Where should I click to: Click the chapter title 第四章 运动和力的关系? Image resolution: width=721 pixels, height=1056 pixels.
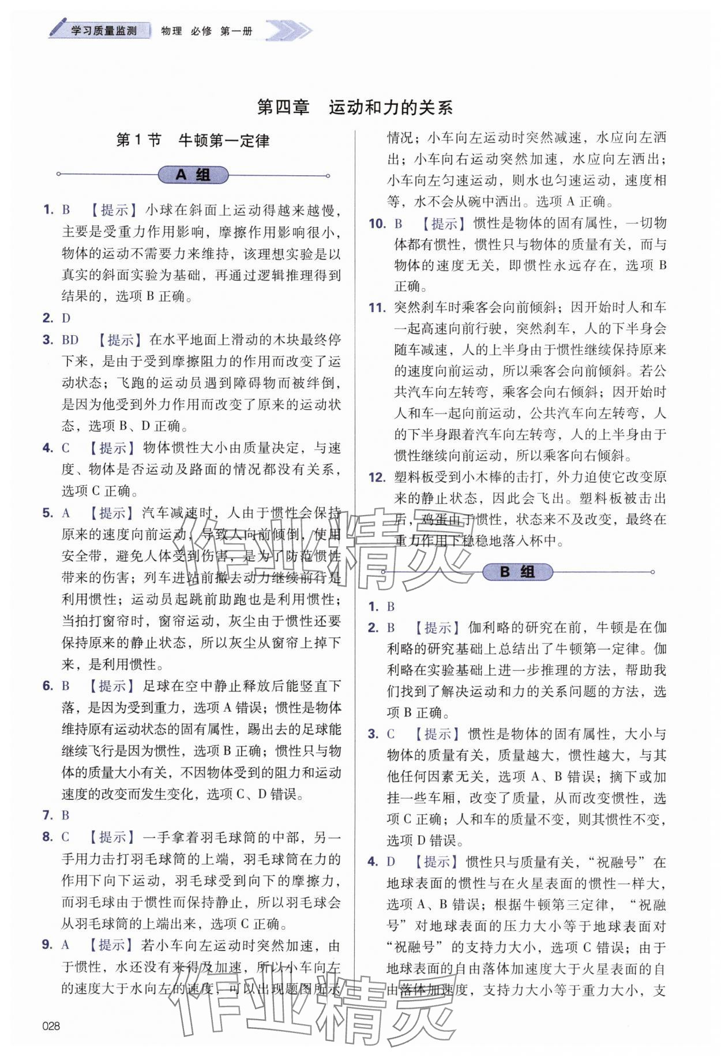354,107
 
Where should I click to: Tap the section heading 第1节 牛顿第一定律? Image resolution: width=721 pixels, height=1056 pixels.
193,141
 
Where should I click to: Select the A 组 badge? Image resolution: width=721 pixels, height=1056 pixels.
193,175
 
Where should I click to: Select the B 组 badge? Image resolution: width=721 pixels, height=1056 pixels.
517,572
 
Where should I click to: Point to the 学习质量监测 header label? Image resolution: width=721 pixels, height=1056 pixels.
104,31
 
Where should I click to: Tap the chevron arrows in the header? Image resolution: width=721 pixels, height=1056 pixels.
288,31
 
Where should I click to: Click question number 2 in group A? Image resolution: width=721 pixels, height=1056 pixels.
48,318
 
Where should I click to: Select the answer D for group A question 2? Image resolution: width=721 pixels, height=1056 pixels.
66,318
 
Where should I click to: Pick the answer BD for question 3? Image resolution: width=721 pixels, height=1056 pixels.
70,340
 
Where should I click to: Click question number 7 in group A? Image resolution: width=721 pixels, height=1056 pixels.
48,815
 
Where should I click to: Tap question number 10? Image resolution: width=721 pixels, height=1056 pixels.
377,223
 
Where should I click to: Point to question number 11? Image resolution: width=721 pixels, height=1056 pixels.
377,307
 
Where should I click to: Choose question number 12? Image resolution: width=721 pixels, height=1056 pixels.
377,477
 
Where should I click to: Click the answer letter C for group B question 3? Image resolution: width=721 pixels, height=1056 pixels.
391,734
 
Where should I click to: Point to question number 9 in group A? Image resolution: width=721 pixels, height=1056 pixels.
48,945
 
